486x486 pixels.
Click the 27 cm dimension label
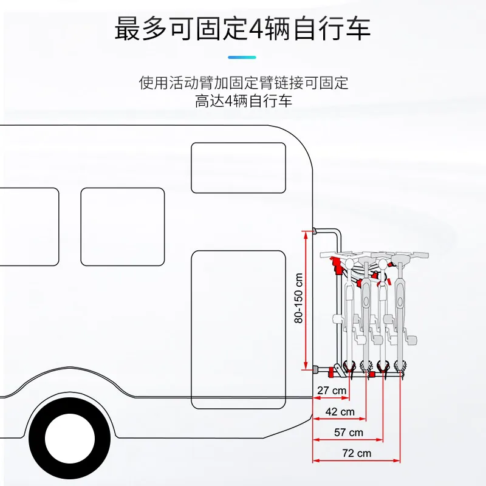tap(332, 391)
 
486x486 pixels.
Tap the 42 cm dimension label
tap(340, 412)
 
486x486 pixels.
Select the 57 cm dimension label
tap(348, 433)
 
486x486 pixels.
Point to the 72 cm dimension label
tap(357, 453)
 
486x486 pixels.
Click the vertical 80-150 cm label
tap(298, 298)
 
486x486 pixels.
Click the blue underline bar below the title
tap(242, 57)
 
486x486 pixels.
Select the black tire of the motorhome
tap(70, 438)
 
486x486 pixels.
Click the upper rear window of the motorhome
tap(238, 168)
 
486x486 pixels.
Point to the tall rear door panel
tap(238, 329)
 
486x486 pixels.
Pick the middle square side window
tap(123, 227)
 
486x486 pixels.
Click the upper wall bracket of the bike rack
tap(315, 231)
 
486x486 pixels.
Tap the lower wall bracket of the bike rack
tap(315, 369)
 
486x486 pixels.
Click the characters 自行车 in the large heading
tap(332, 29)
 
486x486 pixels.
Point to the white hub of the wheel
tap(70, 438)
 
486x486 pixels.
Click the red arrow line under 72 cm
tap(357, 460)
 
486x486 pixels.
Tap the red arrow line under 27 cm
tap(331, 398)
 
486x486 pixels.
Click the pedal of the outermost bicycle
tap(411, 339)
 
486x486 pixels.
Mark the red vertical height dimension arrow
tap(306, 300)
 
